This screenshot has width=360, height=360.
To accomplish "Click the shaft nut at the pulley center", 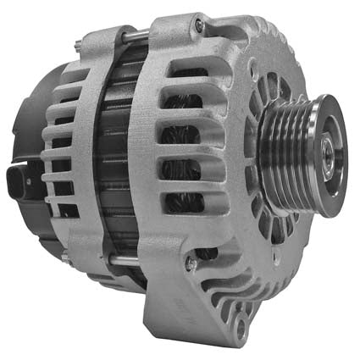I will click(325, 155).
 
